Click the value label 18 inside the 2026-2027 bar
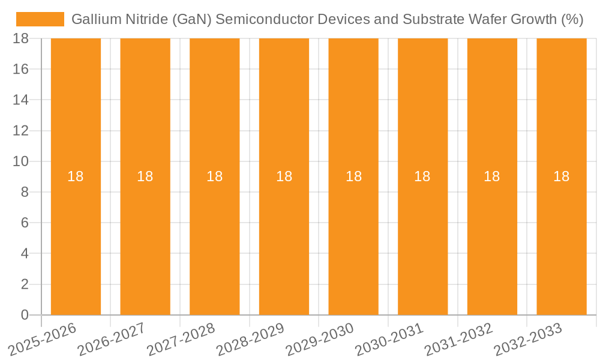point(145,176)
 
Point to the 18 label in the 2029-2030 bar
point(353,176)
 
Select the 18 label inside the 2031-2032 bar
point(492,176)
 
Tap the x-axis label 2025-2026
point(43,339)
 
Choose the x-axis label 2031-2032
point(459,339)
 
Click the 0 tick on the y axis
point(25,315)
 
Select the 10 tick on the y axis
point(20,161)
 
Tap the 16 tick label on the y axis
point(20,69)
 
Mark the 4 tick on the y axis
point(25,253)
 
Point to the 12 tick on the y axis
point(20,131)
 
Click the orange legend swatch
point(40,19)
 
